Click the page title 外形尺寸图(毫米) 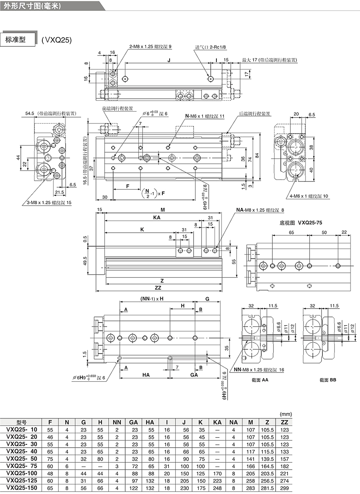(x=32, y=6)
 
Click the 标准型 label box (x=18, y=40)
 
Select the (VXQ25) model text (x=57, y=40)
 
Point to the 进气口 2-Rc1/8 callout (x=210, y=47)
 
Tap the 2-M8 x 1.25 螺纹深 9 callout (x=150, y=47)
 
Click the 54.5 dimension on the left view (x=30, y=114)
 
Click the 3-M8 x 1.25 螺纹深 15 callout (x=49, y=203)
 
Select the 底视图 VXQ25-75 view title (x=301, y=223)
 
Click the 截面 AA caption (x=260, y=380)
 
